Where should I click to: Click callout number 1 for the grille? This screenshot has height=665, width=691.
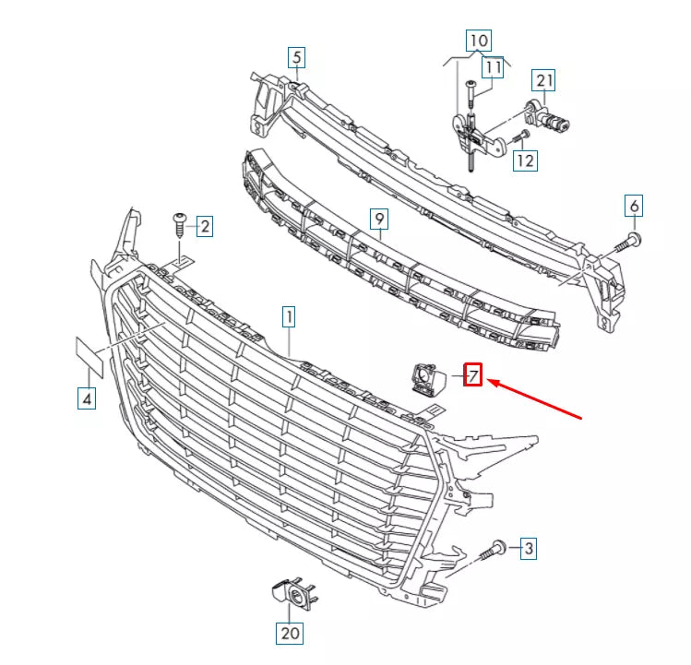coord(289,318)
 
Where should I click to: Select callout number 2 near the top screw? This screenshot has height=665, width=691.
coord(204,225)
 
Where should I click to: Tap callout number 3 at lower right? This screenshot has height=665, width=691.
coord(527,550)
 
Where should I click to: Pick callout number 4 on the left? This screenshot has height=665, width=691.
coord(86,398)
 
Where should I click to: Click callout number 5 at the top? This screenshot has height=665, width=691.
coord(295,57)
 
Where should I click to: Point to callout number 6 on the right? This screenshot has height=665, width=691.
coord(634,206)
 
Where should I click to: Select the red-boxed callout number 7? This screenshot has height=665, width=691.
coord(472,375)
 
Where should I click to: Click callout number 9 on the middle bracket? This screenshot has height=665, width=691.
coord(377,219)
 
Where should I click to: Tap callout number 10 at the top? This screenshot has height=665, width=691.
coord(479,41)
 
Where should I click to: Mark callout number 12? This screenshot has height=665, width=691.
coord(524,160)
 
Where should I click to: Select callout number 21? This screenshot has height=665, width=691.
coord(544,81)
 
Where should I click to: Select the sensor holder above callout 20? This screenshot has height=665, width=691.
coord(292,594)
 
